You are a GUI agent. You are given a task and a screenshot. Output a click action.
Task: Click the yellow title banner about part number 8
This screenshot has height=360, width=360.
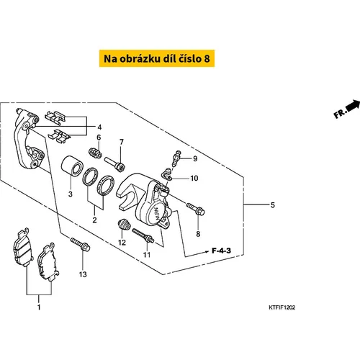157,58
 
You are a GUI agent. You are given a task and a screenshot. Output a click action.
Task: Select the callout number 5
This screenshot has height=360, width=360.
272,205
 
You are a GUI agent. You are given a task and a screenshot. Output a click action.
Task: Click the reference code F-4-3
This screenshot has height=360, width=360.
221,251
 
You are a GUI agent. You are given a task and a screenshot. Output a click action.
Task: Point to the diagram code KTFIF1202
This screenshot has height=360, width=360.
282,307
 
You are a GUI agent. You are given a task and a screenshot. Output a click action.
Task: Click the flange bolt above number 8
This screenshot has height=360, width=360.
196,209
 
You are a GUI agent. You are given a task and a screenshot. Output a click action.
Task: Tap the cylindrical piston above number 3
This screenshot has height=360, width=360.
72,166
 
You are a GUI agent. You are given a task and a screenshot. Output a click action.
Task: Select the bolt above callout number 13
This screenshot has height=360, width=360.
80,244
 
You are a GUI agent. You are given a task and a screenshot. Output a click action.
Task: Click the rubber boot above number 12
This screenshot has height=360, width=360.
125,225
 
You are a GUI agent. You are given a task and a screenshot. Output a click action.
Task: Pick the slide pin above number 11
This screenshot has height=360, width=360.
143,235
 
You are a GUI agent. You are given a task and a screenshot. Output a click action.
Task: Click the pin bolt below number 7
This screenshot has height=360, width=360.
114,163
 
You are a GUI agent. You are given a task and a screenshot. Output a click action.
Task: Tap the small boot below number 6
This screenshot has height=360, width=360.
95,153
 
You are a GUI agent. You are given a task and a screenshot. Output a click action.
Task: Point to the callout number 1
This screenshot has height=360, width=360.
39,307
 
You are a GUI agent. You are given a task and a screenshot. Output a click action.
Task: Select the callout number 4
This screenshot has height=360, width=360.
99,127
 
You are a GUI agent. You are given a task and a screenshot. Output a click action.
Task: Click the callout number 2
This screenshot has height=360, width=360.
94,220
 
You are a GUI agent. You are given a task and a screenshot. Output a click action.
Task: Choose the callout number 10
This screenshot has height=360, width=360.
194,179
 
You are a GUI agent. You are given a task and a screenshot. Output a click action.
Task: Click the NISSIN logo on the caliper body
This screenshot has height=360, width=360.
157,212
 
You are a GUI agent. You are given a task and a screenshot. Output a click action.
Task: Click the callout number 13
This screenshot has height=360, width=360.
83,274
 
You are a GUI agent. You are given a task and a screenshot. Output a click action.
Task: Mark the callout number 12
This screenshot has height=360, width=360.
122,243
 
